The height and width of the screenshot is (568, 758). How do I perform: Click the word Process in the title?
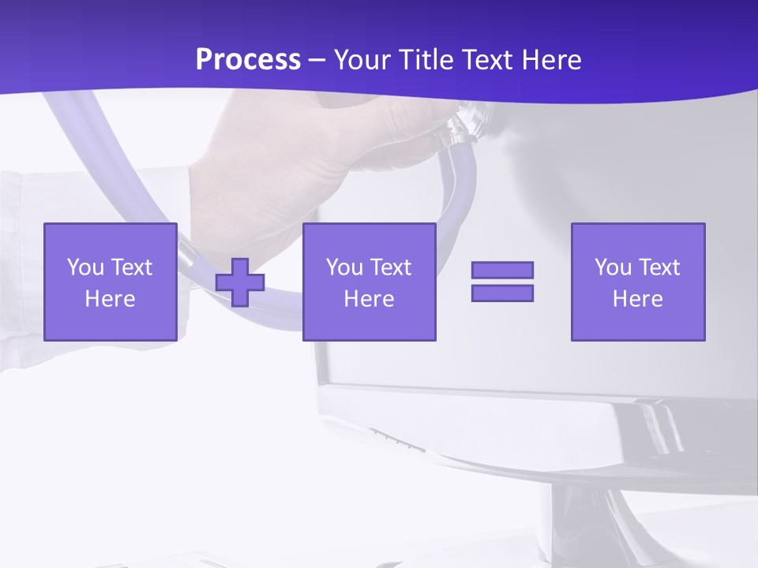tap(248, 60)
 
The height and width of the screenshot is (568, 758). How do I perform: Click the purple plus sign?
tap(240, 282)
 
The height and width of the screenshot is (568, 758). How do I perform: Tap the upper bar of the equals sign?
tap(502, 271)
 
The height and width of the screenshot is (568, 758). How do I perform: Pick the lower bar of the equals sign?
tap(502, 293)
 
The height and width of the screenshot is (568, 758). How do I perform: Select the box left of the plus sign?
tap(110, 282)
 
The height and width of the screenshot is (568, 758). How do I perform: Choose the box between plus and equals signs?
tap(369, 282)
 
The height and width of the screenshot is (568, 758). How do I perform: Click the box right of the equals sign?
tap(637, 282)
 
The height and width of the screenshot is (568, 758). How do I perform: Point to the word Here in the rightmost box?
tap(637, 298)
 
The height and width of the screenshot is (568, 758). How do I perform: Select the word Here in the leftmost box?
tap(110, 298)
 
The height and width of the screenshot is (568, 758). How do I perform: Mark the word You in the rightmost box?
tap(613, 267)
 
